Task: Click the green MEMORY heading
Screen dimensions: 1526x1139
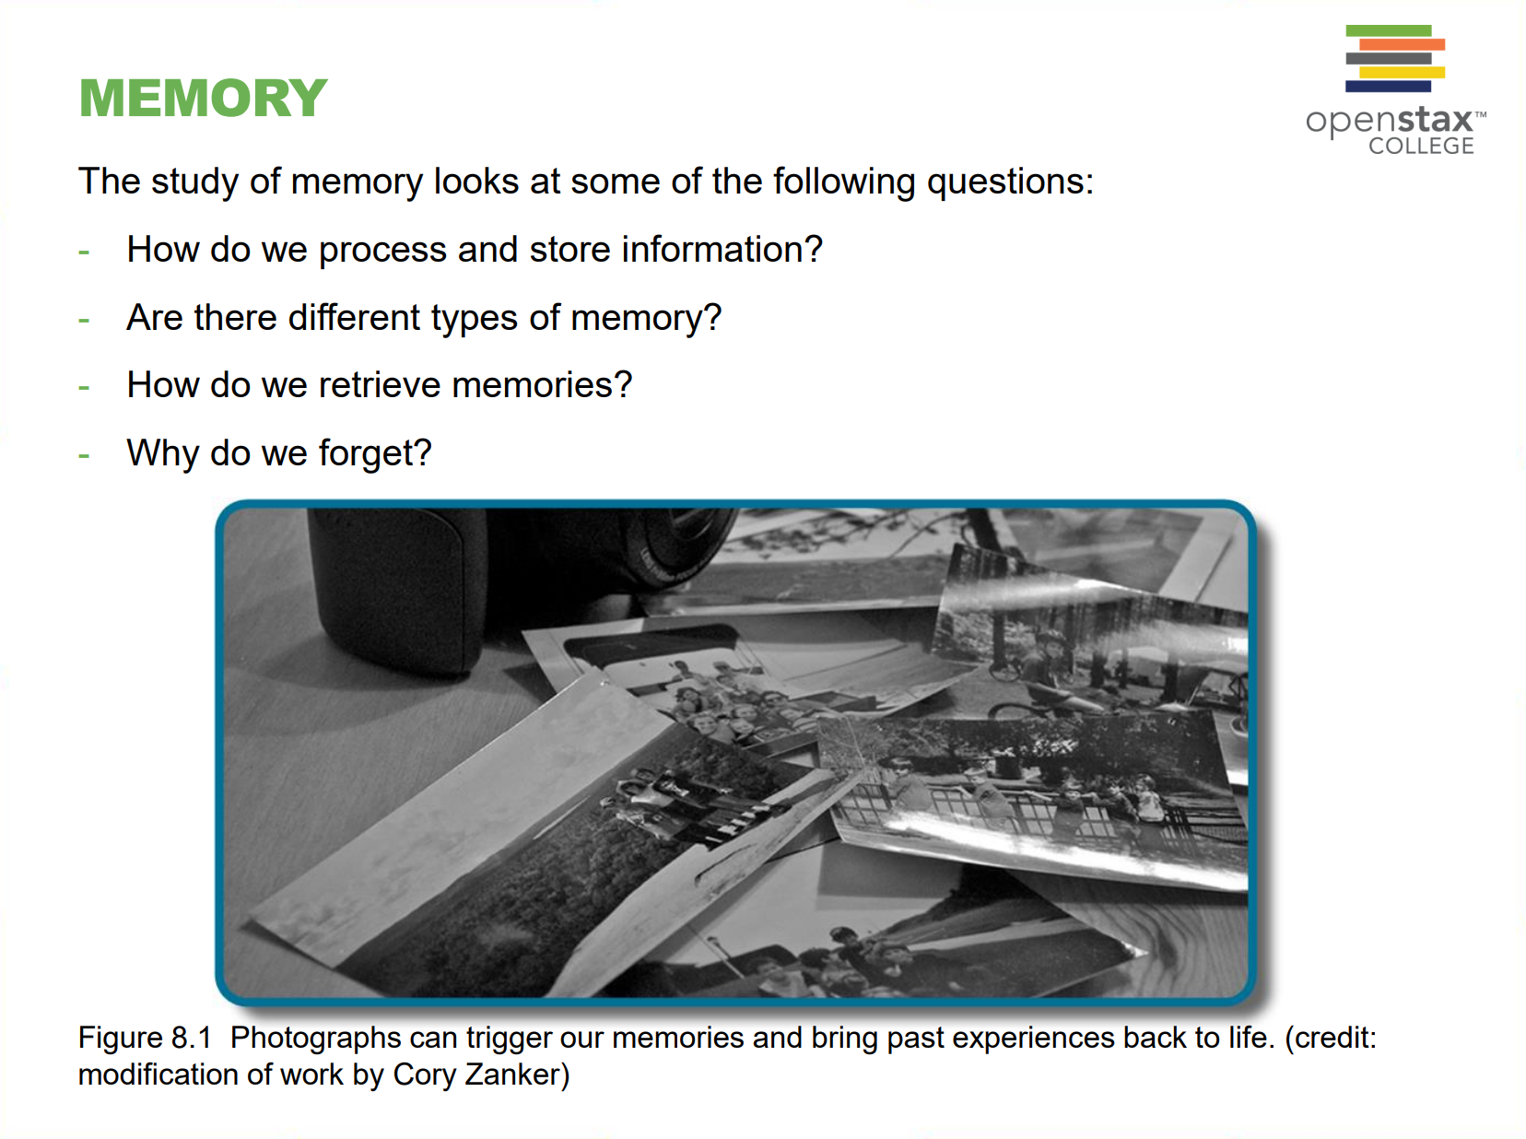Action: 203,98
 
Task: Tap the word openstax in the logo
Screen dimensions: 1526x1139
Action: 1389,122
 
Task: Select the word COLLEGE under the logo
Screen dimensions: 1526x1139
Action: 1421,146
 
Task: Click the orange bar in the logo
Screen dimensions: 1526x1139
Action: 1403,44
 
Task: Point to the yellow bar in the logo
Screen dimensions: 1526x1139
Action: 1403,72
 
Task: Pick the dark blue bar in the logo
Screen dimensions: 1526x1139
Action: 1388,87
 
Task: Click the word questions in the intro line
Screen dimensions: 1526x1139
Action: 1010,182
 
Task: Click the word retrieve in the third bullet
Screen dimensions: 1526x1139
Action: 380,385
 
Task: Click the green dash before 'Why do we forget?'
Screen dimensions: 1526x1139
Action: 84,455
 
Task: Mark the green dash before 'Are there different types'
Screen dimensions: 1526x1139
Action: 84,320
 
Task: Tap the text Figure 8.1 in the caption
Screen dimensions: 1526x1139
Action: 145,1038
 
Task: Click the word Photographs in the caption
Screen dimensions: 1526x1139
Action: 316,1039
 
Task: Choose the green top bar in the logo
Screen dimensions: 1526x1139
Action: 1389,30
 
